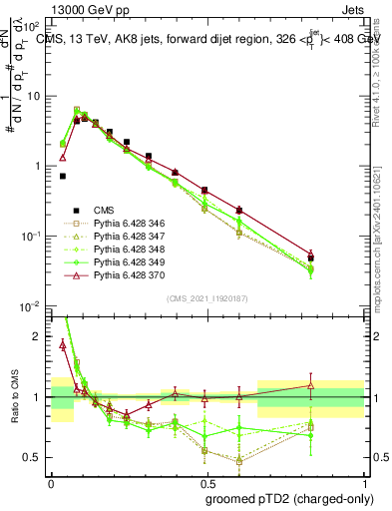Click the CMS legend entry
104,210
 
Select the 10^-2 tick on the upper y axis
33,304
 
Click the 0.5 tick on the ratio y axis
37,457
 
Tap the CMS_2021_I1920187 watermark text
206,297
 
